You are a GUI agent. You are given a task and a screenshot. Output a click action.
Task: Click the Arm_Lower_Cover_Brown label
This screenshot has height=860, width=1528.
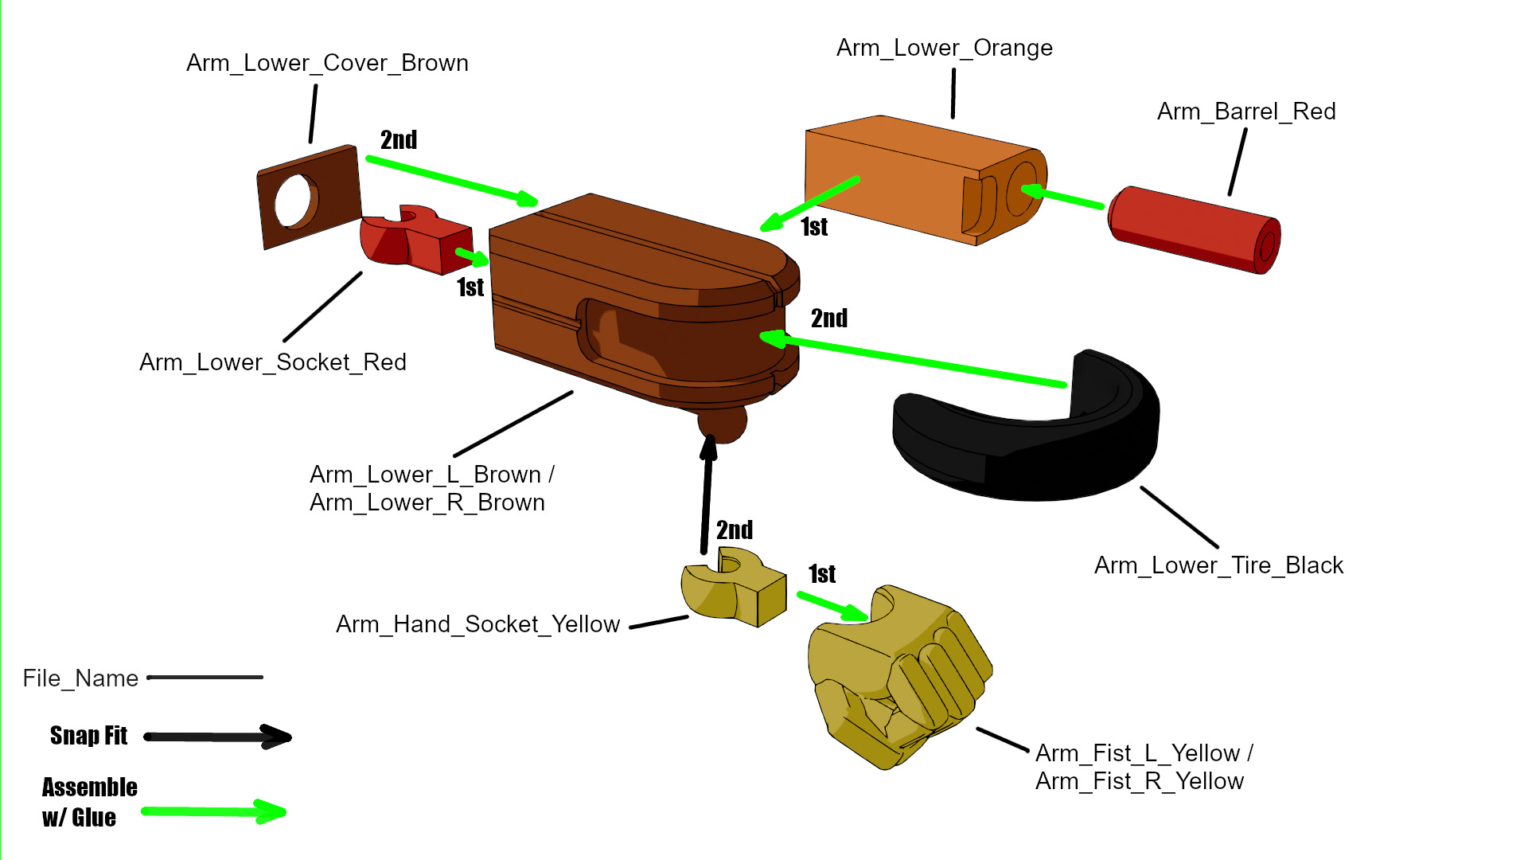point(327,63)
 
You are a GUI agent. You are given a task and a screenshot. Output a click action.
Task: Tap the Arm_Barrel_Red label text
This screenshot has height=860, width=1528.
point(1246,111)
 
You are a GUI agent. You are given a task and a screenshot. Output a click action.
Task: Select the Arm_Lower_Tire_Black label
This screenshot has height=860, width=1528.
point(1218,565)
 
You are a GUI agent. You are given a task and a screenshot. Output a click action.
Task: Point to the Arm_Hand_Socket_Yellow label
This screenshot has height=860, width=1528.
point(477,624)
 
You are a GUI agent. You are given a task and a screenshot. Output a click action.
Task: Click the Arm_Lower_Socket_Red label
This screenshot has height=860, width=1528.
point(273,362)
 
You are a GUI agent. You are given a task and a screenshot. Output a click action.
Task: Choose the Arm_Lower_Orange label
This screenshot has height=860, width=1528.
point(945,48)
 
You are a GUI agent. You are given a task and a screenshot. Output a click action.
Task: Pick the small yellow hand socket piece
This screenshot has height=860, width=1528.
point(732,593)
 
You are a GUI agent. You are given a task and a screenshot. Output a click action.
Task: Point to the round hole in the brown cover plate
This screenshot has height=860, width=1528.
point(294,201)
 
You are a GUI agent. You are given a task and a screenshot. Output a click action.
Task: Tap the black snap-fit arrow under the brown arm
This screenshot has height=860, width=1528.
point(707,494)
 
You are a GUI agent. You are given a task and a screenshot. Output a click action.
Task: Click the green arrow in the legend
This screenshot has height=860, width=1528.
point(213,812)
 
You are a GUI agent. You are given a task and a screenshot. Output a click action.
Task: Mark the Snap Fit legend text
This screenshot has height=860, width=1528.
point(88,736)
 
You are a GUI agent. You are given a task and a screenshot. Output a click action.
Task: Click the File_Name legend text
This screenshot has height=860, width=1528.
point(80,678)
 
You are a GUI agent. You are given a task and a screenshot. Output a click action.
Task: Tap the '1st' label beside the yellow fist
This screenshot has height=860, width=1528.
point(822,574)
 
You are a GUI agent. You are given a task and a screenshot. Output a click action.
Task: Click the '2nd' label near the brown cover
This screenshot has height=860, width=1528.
point(399,140)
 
